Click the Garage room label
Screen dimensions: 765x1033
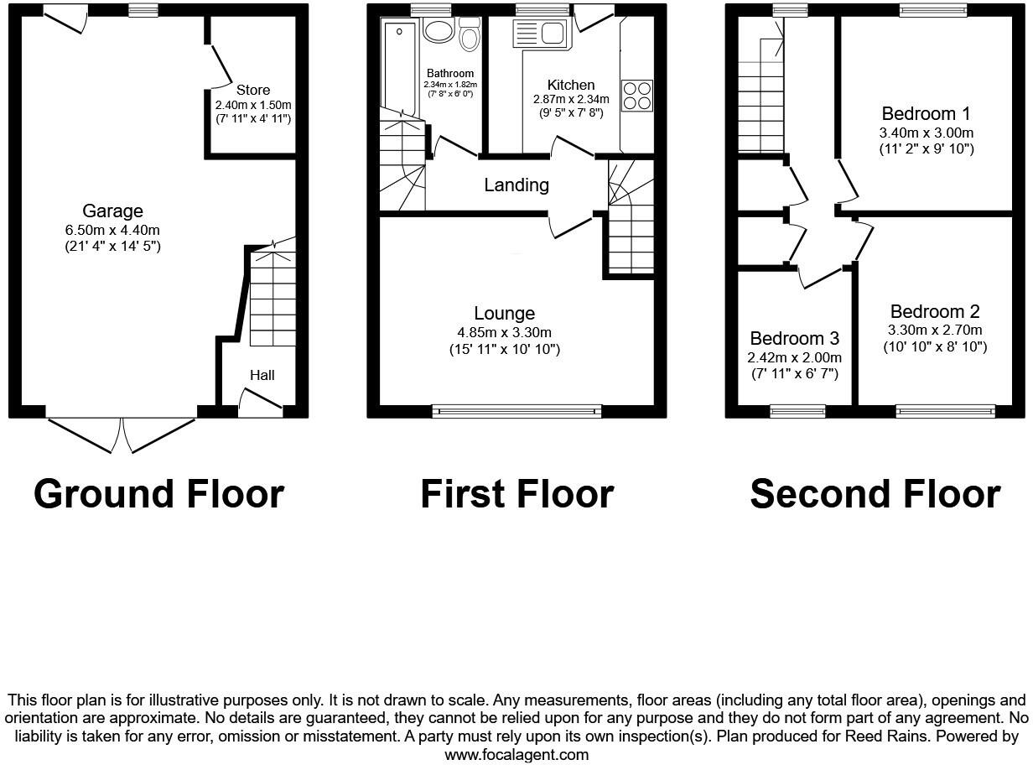pos(112,211)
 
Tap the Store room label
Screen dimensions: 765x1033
pos(252,90)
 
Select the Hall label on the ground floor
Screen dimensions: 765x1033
pos(262,375)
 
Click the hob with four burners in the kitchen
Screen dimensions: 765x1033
pos(636,95)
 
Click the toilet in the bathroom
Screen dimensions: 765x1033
pos(470,34)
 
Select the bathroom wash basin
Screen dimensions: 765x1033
pos(438,32)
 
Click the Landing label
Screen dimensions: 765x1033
pos(516,185)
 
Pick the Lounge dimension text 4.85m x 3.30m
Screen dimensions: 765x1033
pos(504,332)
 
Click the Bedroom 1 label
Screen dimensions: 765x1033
pos(919,114)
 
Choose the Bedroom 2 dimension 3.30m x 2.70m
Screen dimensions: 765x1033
pos(935,330)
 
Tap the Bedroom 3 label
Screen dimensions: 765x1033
pos(794,339)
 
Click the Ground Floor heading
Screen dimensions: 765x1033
pos(158,494)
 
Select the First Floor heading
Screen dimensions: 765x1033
pos(516,494)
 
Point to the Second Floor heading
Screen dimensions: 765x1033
pos(875,494)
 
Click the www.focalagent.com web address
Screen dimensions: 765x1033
pos(516,754)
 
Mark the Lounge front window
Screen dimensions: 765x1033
pos(517,411)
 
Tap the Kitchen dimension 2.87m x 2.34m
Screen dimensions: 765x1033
pos(571,99)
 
